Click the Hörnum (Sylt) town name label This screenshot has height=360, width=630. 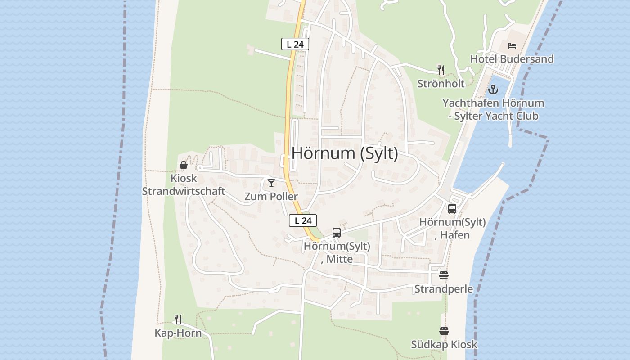pyautogui.click(x=345, y=153)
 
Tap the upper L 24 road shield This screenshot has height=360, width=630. pyautogui.click(x=295, y=44)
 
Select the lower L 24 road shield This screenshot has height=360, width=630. pyautogui.click(x=303, y=220)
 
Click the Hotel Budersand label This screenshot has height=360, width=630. pyautogui.click(x=512, y=59)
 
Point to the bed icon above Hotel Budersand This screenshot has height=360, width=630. pyautogui.click(x=512, y=46)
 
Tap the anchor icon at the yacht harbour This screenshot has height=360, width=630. pyautogui.click(x=494, y=90)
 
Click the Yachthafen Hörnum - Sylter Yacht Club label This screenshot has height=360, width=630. pyautogui.click(x=493, y=109)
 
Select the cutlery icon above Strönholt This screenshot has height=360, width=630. pyautogui.click(x=441, y=70)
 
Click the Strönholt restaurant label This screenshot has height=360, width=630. pyautogui.click(x=441, y=83)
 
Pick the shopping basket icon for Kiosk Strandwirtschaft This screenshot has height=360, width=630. pyautogui.click(x=184, y=165)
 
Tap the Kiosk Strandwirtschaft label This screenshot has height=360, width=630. pyautogui.click(x=184, y=184)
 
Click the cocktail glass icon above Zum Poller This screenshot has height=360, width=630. pyautogui.click(x=271, y=183)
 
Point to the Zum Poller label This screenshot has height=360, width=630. pyautogui.click(x=271, y=197)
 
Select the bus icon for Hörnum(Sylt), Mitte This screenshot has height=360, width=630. pyautogui.click(x=337, y=233)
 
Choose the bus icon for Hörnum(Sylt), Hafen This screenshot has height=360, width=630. pyautogui.click(x=452, y=209)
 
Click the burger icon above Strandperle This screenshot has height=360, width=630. pyautogui.click(x=444, y=275)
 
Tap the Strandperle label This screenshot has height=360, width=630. pyautogui.click(x=444, y=288)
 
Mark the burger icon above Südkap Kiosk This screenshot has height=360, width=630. pyautogui.click(x=444, y=331)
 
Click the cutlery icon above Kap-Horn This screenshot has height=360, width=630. pyautogui.click(x=178, y=319)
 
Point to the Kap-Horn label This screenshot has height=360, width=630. pyautogui.click(x=178, y=333)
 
